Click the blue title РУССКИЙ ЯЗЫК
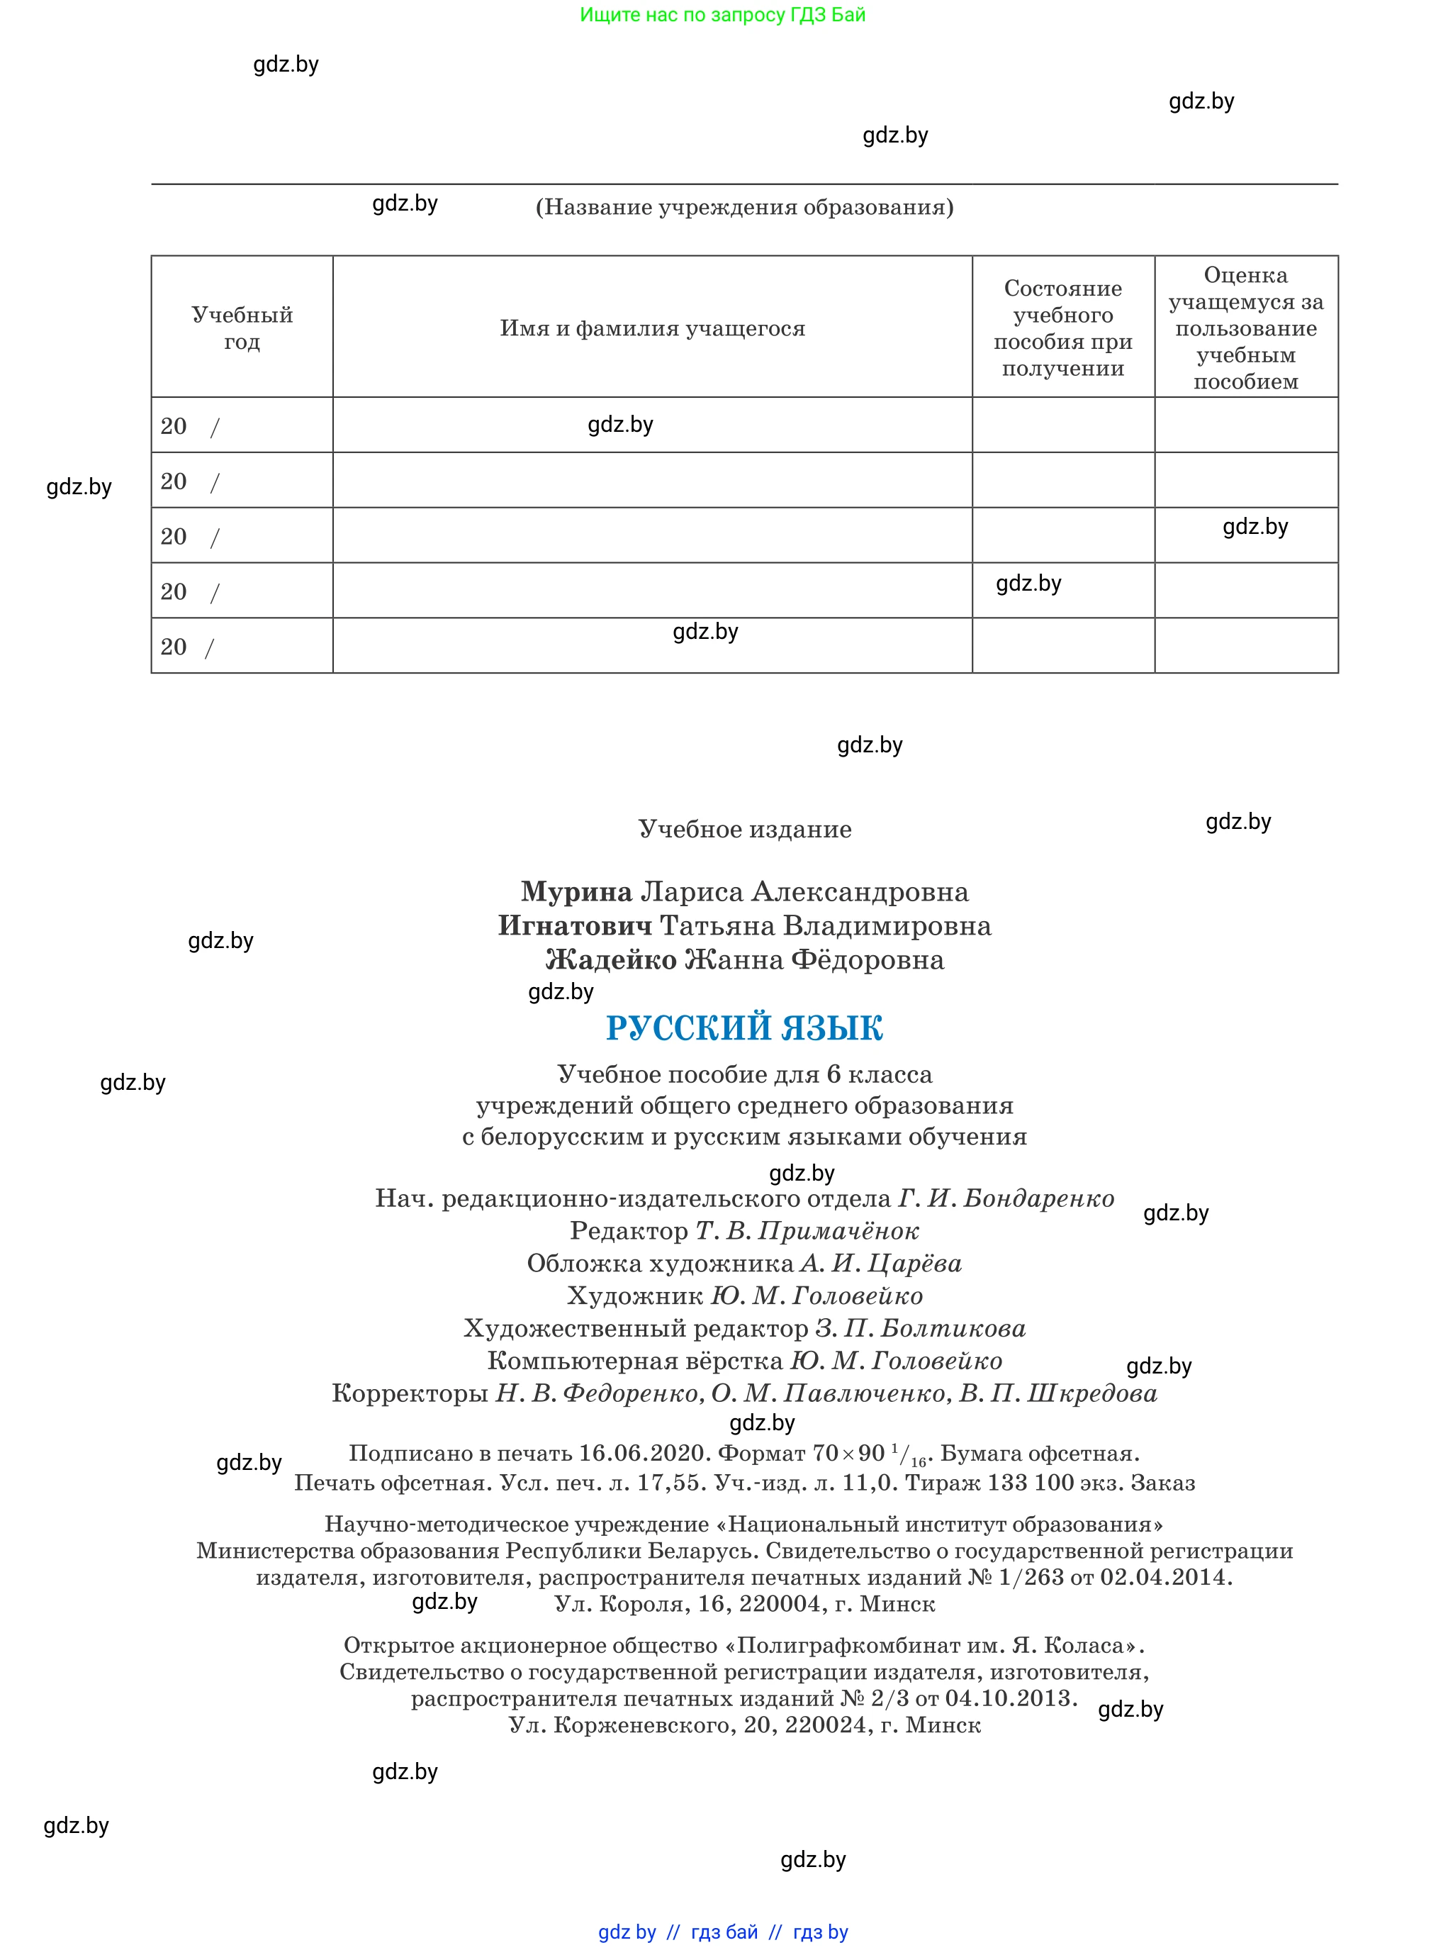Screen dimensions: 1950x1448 tap(744, 1027)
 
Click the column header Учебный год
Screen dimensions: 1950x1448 tap(242, 328)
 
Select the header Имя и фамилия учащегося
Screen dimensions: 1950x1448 tap(652, 328)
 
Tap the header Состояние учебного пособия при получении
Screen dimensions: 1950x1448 tap(1062, 328)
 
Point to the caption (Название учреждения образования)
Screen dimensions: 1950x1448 tap(744, 207)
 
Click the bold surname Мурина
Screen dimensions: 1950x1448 tap(576, 892)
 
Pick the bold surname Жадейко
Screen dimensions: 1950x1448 tap(611, 960)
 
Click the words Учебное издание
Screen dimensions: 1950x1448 tap(744, 830)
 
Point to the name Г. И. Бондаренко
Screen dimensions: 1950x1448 tap(1006, 1198)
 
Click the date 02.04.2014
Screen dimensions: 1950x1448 tap(1165, 1577)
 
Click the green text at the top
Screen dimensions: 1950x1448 tap(722, 15)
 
